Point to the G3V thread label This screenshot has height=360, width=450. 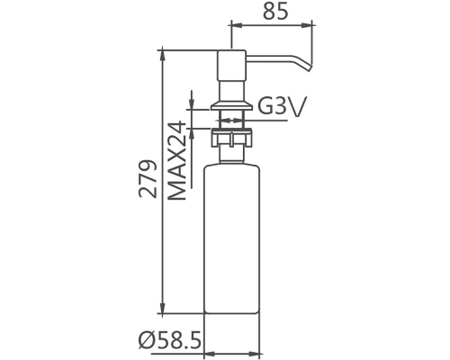pos(282,107)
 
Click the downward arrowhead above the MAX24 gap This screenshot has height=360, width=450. pos(192,100)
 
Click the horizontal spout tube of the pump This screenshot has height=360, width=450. pos(274,58)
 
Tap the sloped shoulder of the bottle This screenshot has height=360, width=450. pos(232,159)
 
